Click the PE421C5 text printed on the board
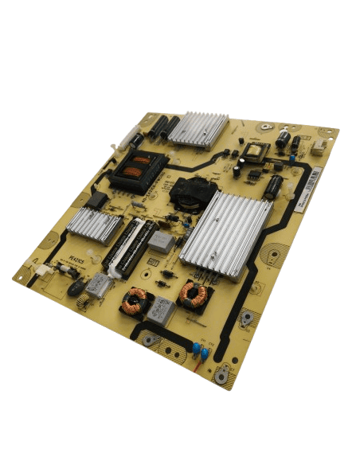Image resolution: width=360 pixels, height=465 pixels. coord(76,258)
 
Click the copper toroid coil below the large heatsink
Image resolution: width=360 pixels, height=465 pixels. coord(194,294)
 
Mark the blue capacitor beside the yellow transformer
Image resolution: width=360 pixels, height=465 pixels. coord(293,158)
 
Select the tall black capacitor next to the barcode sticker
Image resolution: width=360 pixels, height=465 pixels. coord(274,187)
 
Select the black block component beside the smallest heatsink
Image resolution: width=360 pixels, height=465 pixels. coord(97,200)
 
